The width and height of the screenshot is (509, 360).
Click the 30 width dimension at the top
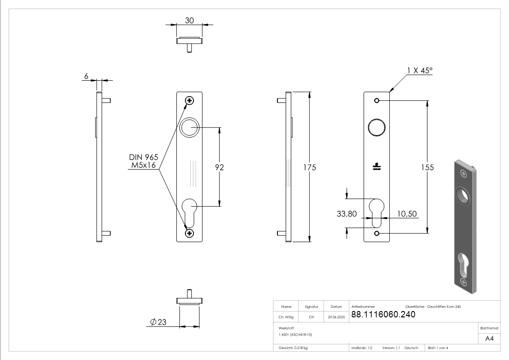coord(189,20)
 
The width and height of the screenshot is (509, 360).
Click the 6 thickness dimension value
coord(86,76)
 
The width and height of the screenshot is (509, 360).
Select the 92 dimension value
coord(219,167)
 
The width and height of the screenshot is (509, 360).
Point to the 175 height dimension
coord(309,167)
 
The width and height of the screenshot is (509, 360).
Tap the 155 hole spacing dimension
coord(427,167)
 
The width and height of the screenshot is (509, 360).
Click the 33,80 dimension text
coord(346,214)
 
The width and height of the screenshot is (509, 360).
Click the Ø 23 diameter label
coord(158,322)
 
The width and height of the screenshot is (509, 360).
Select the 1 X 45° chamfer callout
coord(419,70)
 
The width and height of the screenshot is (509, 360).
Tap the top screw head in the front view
coord(189,101)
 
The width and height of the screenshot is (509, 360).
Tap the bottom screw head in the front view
coord(189,233)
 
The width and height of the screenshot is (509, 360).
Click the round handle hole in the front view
coord(189,128)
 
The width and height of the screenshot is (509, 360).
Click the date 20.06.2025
coord(336,317)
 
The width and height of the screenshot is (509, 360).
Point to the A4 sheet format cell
coord(489,338)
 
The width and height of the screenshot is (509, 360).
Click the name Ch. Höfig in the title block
coord(286,317)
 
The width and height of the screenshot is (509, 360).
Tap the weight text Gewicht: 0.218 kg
coord(293,348)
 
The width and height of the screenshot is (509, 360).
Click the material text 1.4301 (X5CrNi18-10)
coord(295,334)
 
